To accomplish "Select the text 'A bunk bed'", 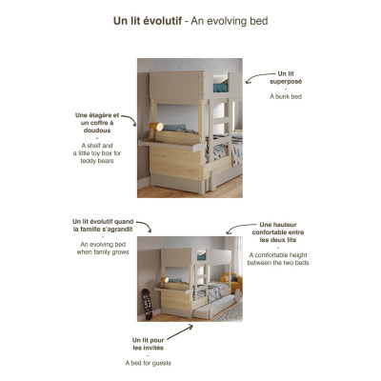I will pos(285,97).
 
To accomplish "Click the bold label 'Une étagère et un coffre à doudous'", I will pos(97,125).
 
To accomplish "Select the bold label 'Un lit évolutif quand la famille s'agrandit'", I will pos(103,226).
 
